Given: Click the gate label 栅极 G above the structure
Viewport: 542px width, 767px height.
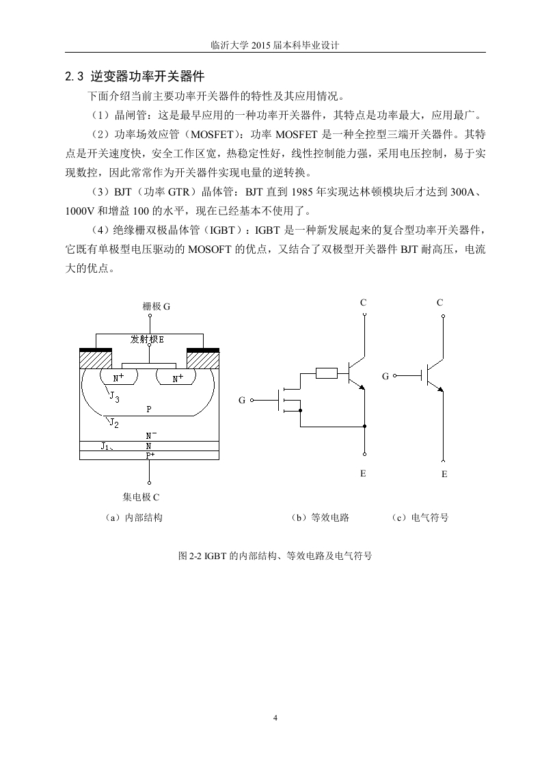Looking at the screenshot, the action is click(x=157, y=307).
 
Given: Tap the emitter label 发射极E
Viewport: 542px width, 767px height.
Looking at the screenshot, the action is click(x=147, y=340).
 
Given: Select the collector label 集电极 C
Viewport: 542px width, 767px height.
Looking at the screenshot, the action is click(x=141, y=498).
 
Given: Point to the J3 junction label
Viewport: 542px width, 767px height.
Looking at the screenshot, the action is click(x=114, y=396).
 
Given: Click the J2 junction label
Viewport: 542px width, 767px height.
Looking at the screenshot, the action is click(x=114, y=422).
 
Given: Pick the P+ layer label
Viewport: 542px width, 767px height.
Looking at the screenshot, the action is click(x=150, y=455).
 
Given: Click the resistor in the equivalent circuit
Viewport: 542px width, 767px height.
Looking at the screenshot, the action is click(x=326, y=374).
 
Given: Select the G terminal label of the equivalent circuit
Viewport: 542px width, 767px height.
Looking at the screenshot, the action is click(x=242, y=401).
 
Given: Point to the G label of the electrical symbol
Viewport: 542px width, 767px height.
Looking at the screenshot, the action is click(x=385, y=376).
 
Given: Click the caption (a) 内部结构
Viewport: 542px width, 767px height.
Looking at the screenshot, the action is click(x=134, y=517).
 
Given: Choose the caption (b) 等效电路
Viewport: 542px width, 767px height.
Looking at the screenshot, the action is click(x=320, y=517).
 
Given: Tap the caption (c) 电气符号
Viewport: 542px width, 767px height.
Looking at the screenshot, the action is click(x=420, y=517).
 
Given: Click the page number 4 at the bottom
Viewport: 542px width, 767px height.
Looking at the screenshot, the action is click(x=275, y=718).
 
